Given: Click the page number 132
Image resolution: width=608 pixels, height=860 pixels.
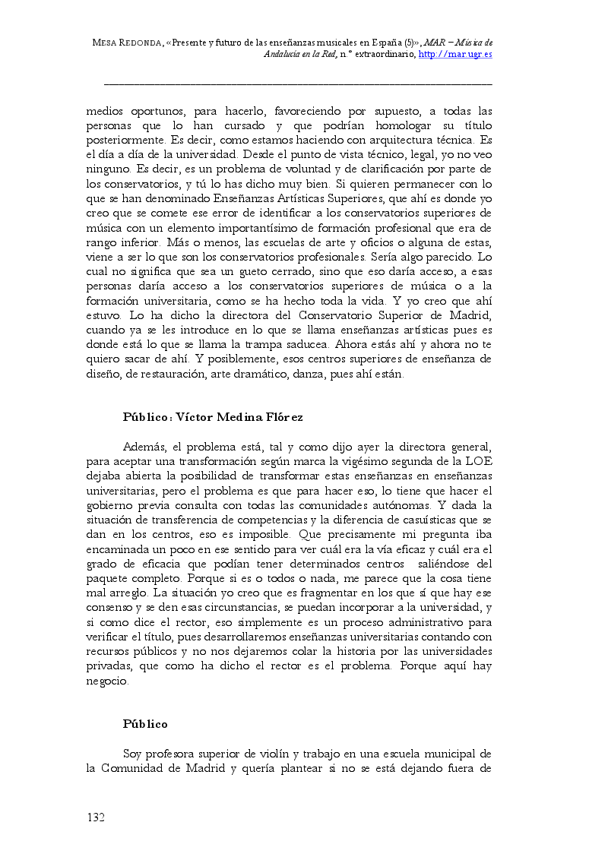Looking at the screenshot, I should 95,817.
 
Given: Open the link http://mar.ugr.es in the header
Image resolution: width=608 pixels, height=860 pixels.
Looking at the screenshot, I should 455,55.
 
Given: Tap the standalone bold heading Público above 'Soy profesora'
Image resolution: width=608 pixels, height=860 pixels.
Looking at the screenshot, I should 145,724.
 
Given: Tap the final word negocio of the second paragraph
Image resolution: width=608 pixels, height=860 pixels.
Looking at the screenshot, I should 108,681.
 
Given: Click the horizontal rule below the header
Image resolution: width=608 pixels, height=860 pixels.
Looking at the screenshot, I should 297,82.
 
